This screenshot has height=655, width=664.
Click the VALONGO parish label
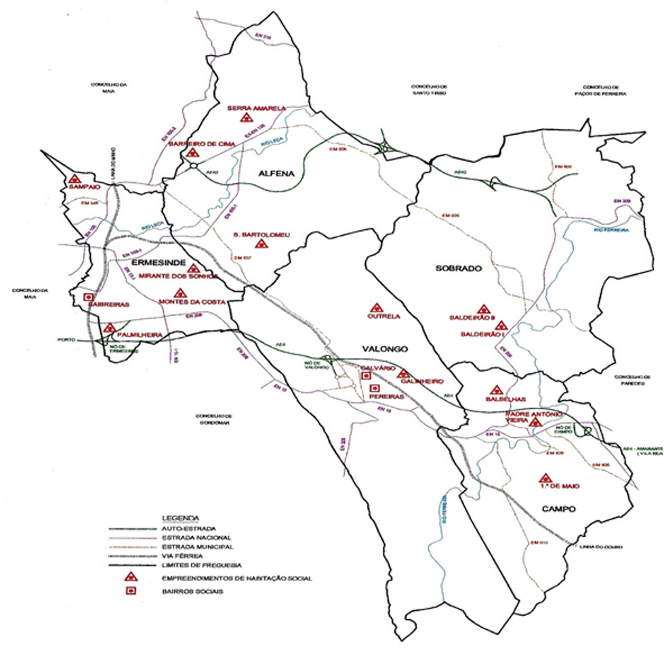384,349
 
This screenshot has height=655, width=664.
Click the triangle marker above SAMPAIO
75,177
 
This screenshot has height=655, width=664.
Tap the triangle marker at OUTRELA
372,307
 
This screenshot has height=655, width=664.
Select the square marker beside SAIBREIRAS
87,297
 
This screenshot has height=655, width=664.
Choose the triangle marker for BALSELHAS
496,391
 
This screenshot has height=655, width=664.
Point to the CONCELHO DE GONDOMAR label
214,419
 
